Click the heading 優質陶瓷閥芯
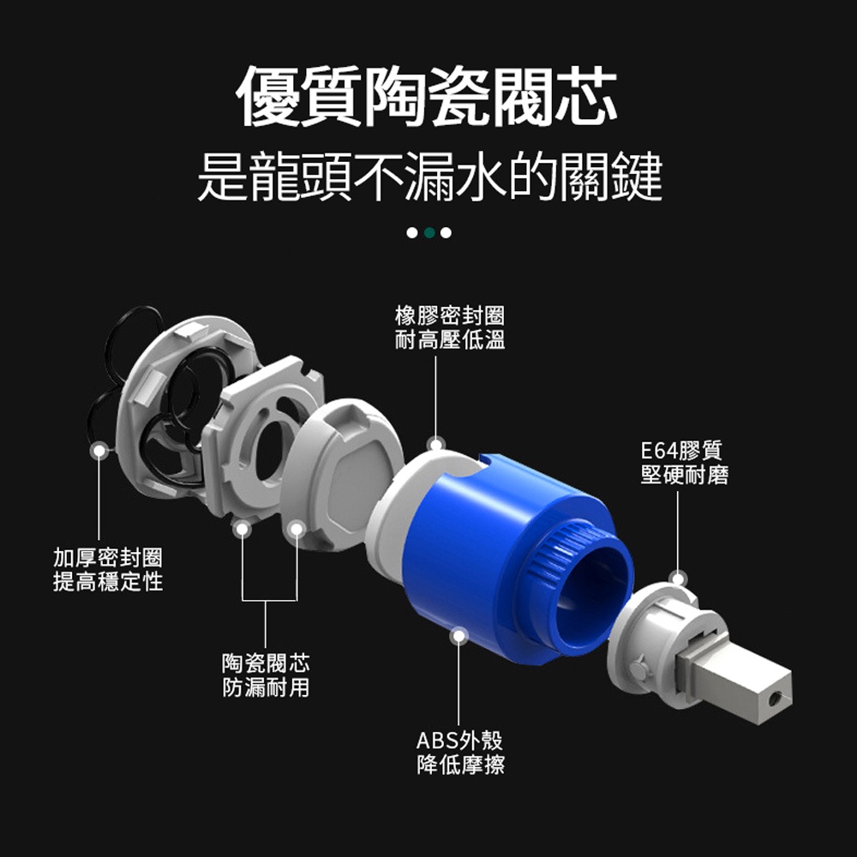428,96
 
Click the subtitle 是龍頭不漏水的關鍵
429,176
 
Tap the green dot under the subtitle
429,233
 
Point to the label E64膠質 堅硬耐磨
684,463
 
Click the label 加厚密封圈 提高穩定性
108,570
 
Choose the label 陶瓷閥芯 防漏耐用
266,675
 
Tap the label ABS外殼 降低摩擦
460,752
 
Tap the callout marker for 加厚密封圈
99,451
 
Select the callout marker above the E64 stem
678,578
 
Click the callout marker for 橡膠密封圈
435,445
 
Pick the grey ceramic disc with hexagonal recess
342,475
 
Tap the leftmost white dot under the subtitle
412,233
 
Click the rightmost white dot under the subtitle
446,233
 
